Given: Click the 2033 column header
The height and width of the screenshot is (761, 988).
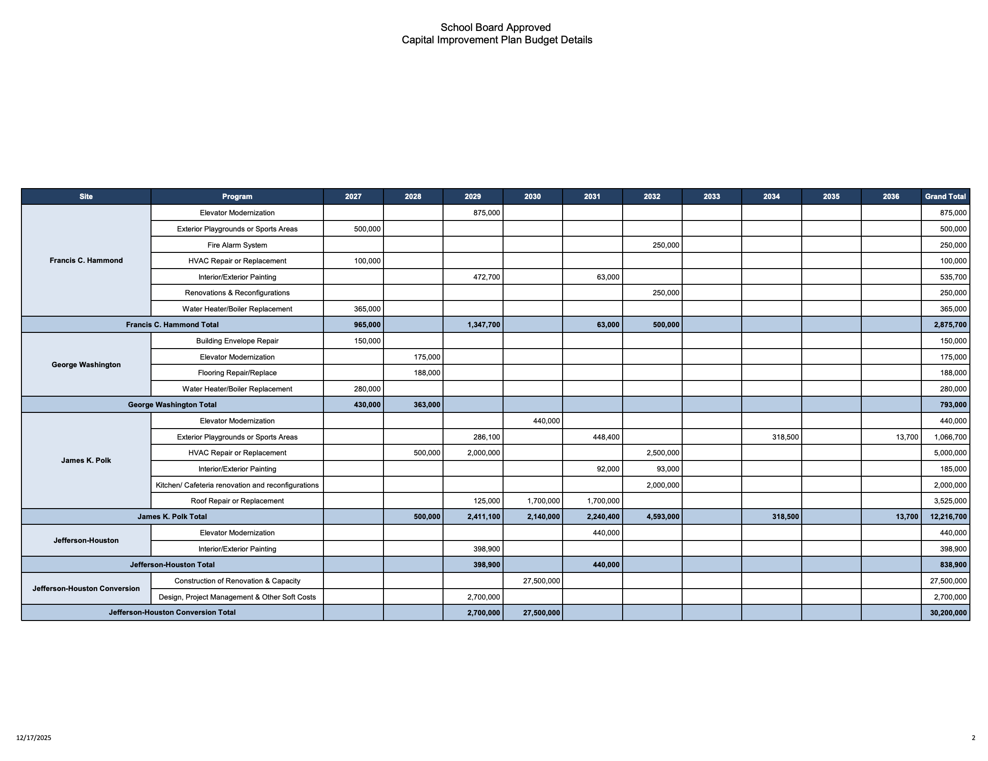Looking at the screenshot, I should [x=712, y=196].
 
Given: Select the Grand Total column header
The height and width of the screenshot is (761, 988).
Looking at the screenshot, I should [x=945, y=196].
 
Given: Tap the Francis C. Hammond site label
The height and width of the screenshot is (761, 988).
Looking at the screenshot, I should [x=86, y=260].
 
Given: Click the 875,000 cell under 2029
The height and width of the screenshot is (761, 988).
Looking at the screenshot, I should [x=486, y=213].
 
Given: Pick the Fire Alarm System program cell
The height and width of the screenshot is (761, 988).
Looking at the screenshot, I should [x=237, y=245].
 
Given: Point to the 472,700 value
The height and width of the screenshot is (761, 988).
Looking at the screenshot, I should [x=486, y=277].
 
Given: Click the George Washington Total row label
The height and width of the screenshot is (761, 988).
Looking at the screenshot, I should [x=172, y=405].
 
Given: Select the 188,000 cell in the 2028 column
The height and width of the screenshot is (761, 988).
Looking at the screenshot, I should [x=427, y=373].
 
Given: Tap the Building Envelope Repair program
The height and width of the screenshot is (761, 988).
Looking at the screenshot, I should [x=237, y=341].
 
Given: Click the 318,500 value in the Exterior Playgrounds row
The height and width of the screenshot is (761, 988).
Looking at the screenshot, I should [x=785, y=437].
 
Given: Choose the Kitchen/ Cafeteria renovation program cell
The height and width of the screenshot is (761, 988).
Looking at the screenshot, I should [x=237, y=485].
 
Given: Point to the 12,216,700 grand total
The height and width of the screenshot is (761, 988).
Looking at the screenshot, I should [x=948, y=517].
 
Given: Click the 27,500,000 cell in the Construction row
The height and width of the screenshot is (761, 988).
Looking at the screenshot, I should [x=541, y=581].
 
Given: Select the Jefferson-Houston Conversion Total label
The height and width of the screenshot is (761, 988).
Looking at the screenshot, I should [x=172, y=612].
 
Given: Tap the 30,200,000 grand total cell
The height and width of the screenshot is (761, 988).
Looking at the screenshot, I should [x=948, y=613].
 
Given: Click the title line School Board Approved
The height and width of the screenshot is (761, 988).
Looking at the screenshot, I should [x=495, y=28].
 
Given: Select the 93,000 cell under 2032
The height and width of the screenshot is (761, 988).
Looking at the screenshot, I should [x=667, y=469].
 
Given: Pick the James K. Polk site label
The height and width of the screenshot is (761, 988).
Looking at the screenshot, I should [x=86, y=461].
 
